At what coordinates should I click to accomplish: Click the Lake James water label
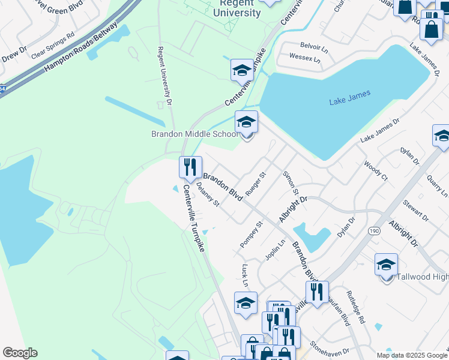point(350,98)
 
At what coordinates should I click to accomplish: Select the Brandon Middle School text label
point(194,134)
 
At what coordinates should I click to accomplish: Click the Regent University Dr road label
point(165,77)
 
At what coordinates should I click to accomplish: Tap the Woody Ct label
point(376,170)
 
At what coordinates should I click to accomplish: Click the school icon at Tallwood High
point(386,264)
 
